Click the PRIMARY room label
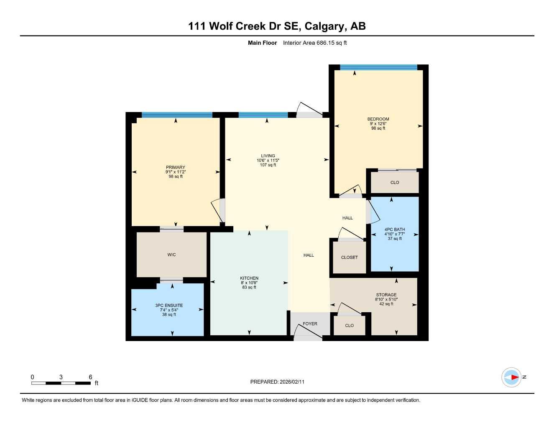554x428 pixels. pyautogui.click(x=175, y=167)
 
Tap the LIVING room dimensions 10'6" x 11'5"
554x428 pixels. pyautogui.click(x=268, y=160)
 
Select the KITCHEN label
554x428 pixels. pyautogui.click(x=249, y=278)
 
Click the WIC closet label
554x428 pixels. pyautogui.click(x=171, y=255)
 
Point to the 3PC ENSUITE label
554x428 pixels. pyautogui.click(x=169, y=305)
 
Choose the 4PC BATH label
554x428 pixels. pyautogui.click(x=395, y=229)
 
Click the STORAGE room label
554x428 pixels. pyautogui.click(x=386, y=295)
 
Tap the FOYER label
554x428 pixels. pyautogui.click(x=310, y=324)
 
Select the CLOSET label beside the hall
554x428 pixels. pyautogui.click(x=349, y=257)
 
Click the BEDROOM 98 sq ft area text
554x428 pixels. pyautogui.click(x=378, y=128)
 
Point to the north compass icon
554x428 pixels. pyautogui.click(x=511, y=377)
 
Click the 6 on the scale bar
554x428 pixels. pyautogui.click(x=90, y=377)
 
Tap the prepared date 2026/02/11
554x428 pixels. pyautogui.click(x=292, y=382)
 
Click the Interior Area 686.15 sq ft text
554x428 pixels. pyautogui.click(x=315, y=43)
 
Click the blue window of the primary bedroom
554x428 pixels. pyautogui.click(x=177, y=115)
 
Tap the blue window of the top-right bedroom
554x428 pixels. pyautogui.click(x=378, y=67)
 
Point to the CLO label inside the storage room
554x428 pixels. pyautogui.click(x=350, y=325)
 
